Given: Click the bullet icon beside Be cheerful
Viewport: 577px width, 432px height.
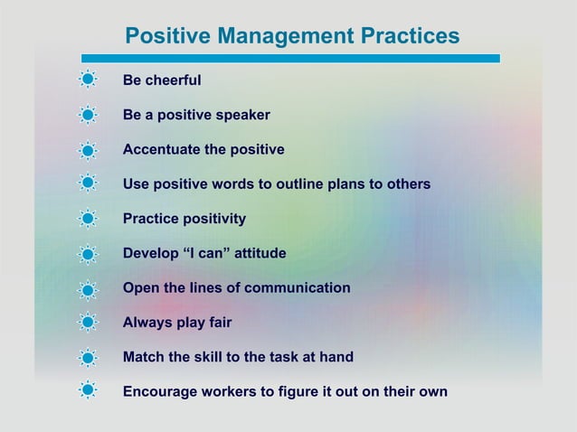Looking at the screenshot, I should (88, 80).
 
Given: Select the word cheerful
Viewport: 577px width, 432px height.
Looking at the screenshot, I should (174, 80).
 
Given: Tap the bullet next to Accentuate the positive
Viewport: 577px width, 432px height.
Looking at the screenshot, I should (88, 150).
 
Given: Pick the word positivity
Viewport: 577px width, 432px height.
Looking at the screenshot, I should (213, 219).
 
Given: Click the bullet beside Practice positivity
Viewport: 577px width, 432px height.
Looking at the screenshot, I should (88, 219).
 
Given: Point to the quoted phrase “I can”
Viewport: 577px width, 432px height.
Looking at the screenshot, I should (207, 253).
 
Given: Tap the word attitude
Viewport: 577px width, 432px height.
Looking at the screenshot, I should (262, 253).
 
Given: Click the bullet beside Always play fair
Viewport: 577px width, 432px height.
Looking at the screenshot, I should (88, 323).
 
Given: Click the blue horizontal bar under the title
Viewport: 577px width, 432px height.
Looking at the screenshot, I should (289, 59).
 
